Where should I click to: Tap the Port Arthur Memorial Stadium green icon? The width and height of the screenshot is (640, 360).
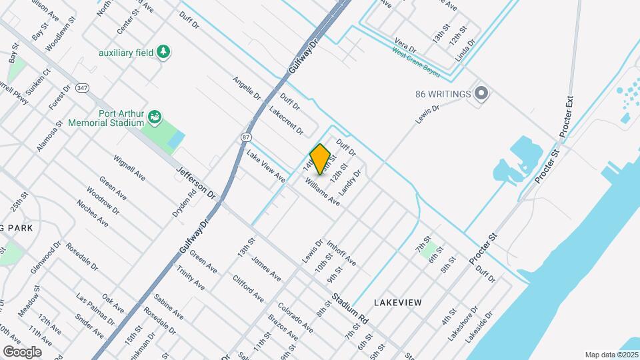[155, 118]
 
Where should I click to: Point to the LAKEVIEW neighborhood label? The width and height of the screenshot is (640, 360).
[398, 303]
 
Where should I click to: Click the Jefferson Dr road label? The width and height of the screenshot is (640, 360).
[197, 182]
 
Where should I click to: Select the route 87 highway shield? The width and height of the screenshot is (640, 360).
[246, 137]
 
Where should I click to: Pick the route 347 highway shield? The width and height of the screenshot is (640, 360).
[82, 87]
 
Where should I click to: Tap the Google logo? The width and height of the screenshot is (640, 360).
[21, 351]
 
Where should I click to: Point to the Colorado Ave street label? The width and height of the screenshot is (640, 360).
[295, 318]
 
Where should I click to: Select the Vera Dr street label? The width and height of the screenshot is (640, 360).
[405, 44]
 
